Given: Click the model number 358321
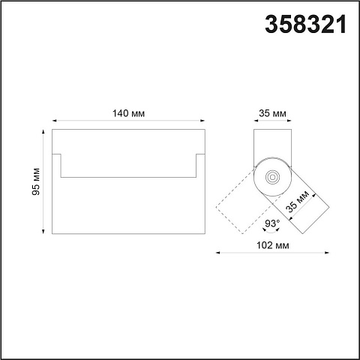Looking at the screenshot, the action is pyautogui.click(x=306, y=24).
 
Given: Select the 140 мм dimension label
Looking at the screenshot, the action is pyautogui.click(x=128, y=113).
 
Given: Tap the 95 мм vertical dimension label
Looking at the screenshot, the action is pyautogui.click(x=36, y=181).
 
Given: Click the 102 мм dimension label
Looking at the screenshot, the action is pyautogui.click(x=273, y=245).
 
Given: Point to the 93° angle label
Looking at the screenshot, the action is pyautogui.click(x=272, y=223).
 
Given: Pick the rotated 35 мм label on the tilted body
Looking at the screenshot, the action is pyautogui.click(x=298, y=201).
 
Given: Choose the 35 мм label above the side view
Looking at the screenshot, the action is pyautogui.click(x=272, y=113).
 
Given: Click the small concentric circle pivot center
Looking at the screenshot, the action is pyautogui.click(x=272, y=177).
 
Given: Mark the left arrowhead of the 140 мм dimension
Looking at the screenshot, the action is pyautogui.click(x=54, y=121).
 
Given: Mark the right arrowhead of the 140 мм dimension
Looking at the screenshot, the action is pyautogui.click(x=202, y=121).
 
